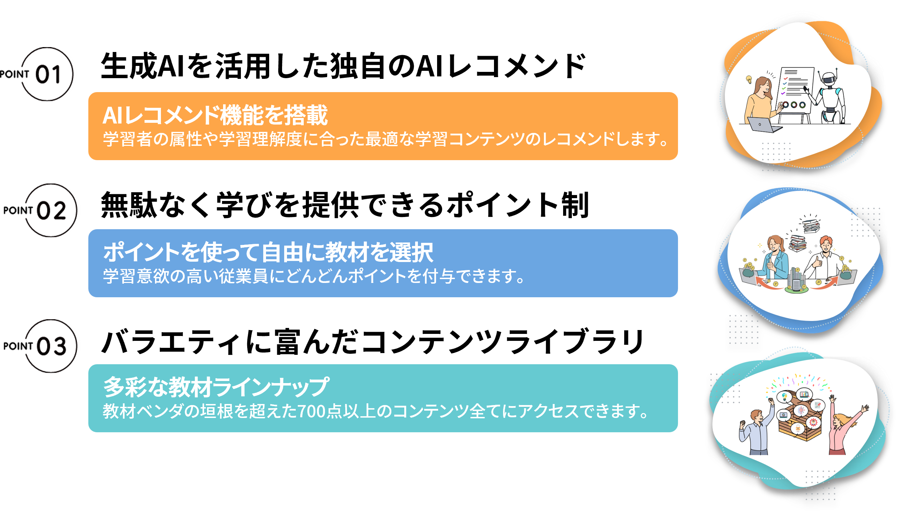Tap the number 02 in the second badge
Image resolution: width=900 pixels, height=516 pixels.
pos(52,210)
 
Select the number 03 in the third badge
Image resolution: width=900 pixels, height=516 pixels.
pos(52,346)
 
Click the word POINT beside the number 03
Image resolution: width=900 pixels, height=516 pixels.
pos(18,346)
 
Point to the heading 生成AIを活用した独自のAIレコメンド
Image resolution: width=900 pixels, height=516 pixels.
pos(343,66)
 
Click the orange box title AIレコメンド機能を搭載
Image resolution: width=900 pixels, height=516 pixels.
pos(215,115)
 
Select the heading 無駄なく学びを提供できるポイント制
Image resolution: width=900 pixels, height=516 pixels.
pos(345,205)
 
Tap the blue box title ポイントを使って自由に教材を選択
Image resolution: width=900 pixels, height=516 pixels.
pos(268,252)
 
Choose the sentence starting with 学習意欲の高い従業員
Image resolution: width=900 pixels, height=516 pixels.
pos(314,276)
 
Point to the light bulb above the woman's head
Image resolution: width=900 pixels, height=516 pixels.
pos(749,80)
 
